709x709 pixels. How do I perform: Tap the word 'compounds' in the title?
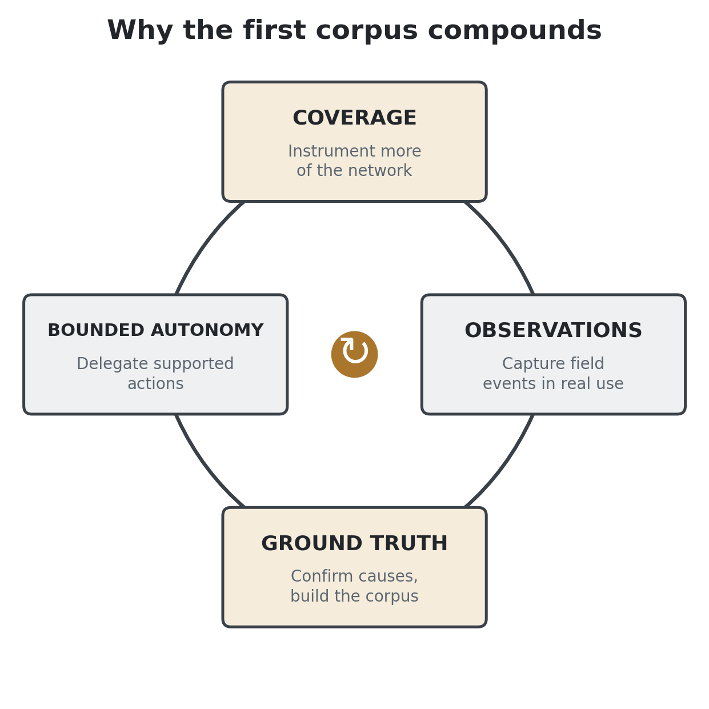click(515, 30)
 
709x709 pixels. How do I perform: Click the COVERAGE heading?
click(354, 118)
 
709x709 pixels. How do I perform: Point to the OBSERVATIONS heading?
click(553, 330)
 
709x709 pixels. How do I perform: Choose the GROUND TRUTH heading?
click(354, 543)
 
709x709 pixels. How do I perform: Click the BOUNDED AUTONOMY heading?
click(155, 330)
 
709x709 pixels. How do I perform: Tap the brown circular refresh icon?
click(354, 354)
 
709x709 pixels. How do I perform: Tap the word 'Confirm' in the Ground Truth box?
click(316, 576)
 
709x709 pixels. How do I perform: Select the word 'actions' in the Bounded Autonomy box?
click(155, 384)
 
